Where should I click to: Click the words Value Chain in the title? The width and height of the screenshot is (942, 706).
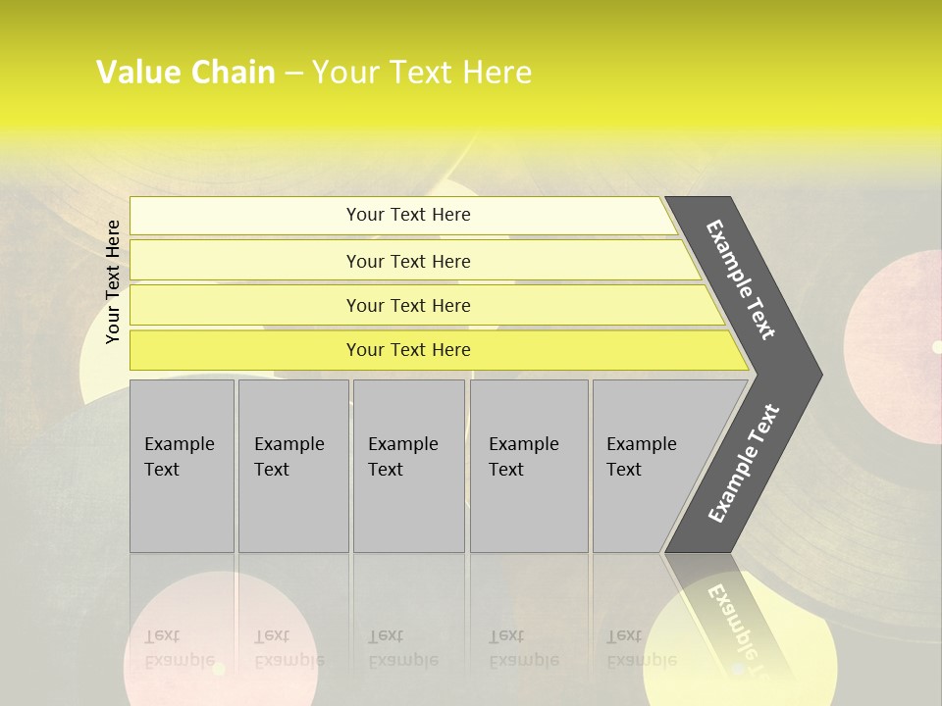[185, 73]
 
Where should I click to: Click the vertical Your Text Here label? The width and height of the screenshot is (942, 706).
[113, 281]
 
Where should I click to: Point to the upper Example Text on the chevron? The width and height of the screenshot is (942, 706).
[742, 279]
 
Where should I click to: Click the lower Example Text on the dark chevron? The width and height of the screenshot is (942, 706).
[744, 463]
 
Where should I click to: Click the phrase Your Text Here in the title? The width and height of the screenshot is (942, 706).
[422, 73]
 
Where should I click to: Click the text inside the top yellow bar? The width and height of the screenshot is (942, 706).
[408, 215]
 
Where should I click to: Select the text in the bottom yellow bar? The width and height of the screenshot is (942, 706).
[408, 350]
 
